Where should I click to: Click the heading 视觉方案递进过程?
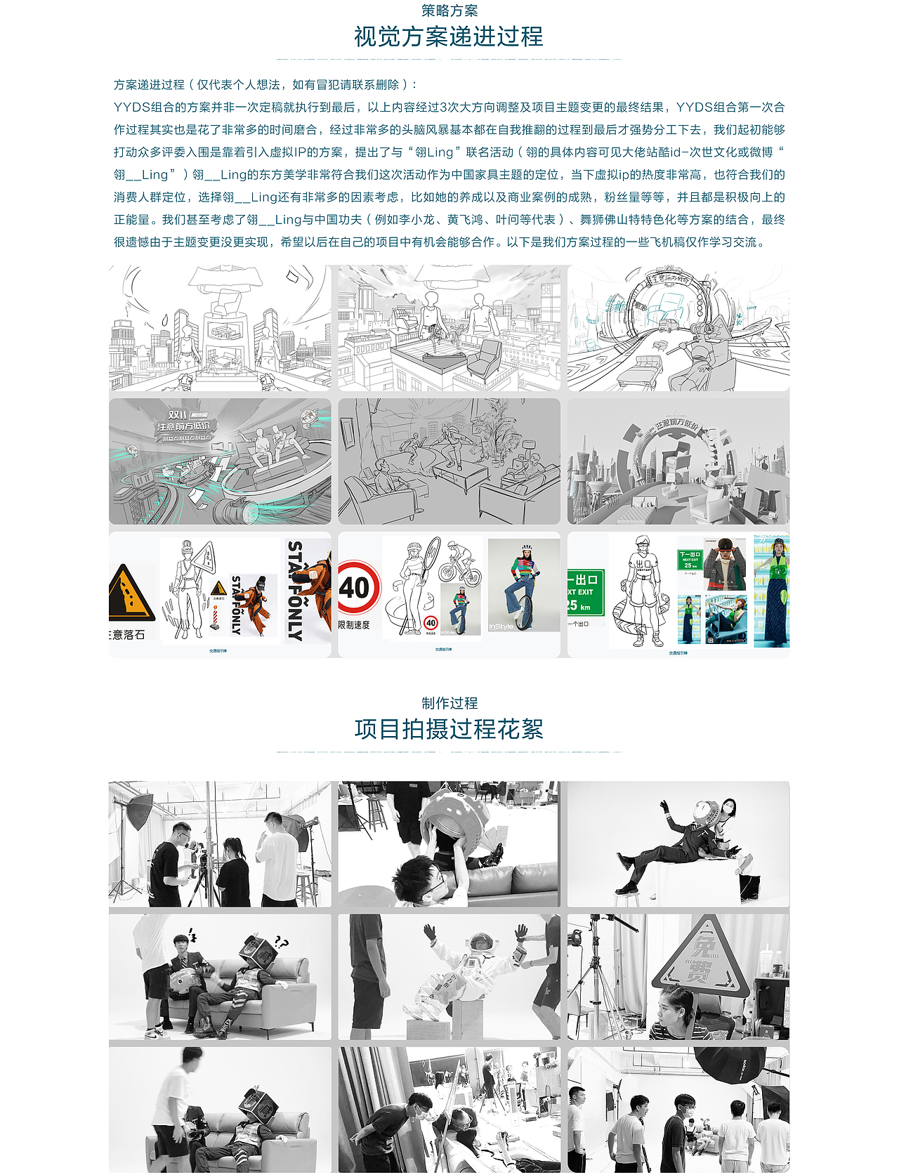coord(449,37)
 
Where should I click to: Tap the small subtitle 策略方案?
coord(449,11)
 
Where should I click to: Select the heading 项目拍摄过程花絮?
coord(449,729)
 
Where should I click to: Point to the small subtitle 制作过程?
coord(449,703)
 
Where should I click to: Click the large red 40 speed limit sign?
coord(357,588)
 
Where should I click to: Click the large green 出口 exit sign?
coord(584,592)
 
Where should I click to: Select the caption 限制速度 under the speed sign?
coord(354,625)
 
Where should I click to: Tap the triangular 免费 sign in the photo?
coord(700,955)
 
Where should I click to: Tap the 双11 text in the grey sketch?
coord(178,414)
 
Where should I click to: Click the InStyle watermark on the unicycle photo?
coord(501,626)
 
